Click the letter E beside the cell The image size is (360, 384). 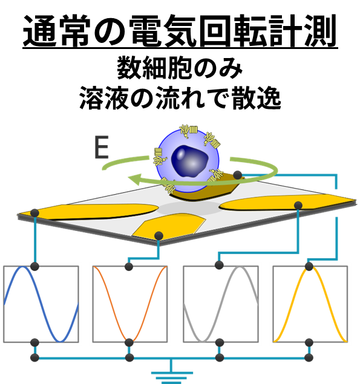click(101, 148)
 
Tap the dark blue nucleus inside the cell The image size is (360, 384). click(189, 161)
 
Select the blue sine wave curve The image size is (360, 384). click(41, 304)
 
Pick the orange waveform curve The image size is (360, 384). click(130, 304)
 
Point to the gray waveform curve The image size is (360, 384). click(221, 304)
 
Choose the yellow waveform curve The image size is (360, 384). click(310, 304)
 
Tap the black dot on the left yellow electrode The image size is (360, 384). click(34, 213)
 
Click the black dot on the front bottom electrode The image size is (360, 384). click(159, 236)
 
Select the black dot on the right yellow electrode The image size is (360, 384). click(298, 205)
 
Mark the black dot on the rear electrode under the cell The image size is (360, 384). click(237, 175)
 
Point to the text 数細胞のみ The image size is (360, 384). click(180, 68)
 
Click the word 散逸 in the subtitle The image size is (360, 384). click(257, 98)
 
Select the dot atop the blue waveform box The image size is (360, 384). click(34, 266)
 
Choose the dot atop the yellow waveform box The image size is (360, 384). click(309, 266)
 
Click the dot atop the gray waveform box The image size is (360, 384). click(219, 265)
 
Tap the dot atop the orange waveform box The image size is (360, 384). click(129, 267)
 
